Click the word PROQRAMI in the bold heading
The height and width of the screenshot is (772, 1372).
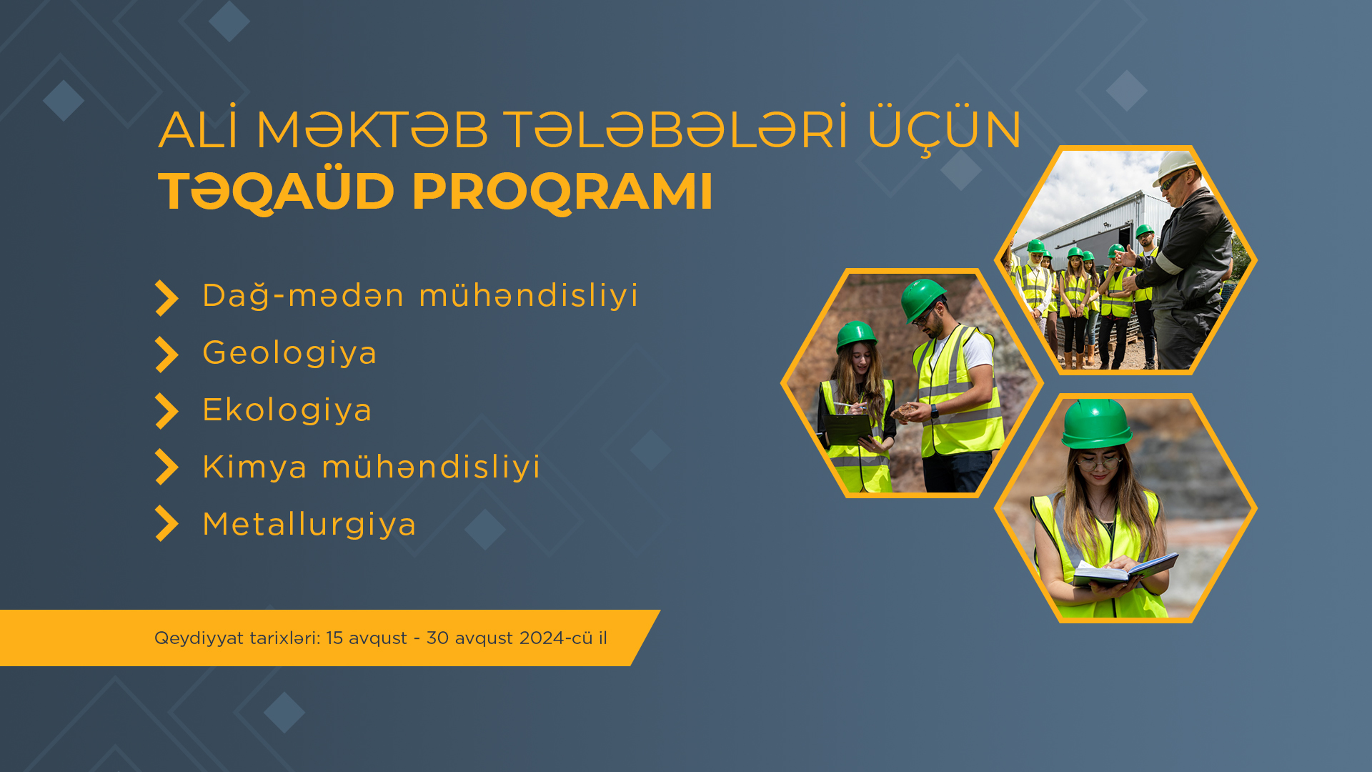pos(562,192)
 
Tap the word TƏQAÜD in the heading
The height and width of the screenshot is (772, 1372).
pos(276,192)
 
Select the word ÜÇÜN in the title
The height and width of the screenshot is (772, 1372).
pos(945,130)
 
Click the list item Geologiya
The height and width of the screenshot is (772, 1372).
pos(289,353)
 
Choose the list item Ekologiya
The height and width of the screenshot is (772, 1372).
pos(287,410)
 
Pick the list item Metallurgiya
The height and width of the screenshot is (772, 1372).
pos(309,525)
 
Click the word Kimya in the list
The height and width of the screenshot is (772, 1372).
pos(255,467)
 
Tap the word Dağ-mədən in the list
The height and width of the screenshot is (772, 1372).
pos(303,296)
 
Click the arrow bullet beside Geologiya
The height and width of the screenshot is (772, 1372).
pos(166,355)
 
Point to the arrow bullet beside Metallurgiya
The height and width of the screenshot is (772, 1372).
pos(166,523)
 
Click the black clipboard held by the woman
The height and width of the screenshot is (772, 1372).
pos(848,428)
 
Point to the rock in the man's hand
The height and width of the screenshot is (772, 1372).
pos(906,410)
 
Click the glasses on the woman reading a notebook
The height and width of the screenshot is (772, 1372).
pos(1098,462)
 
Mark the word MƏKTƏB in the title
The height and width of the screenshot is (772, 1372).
pos(372,130)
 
